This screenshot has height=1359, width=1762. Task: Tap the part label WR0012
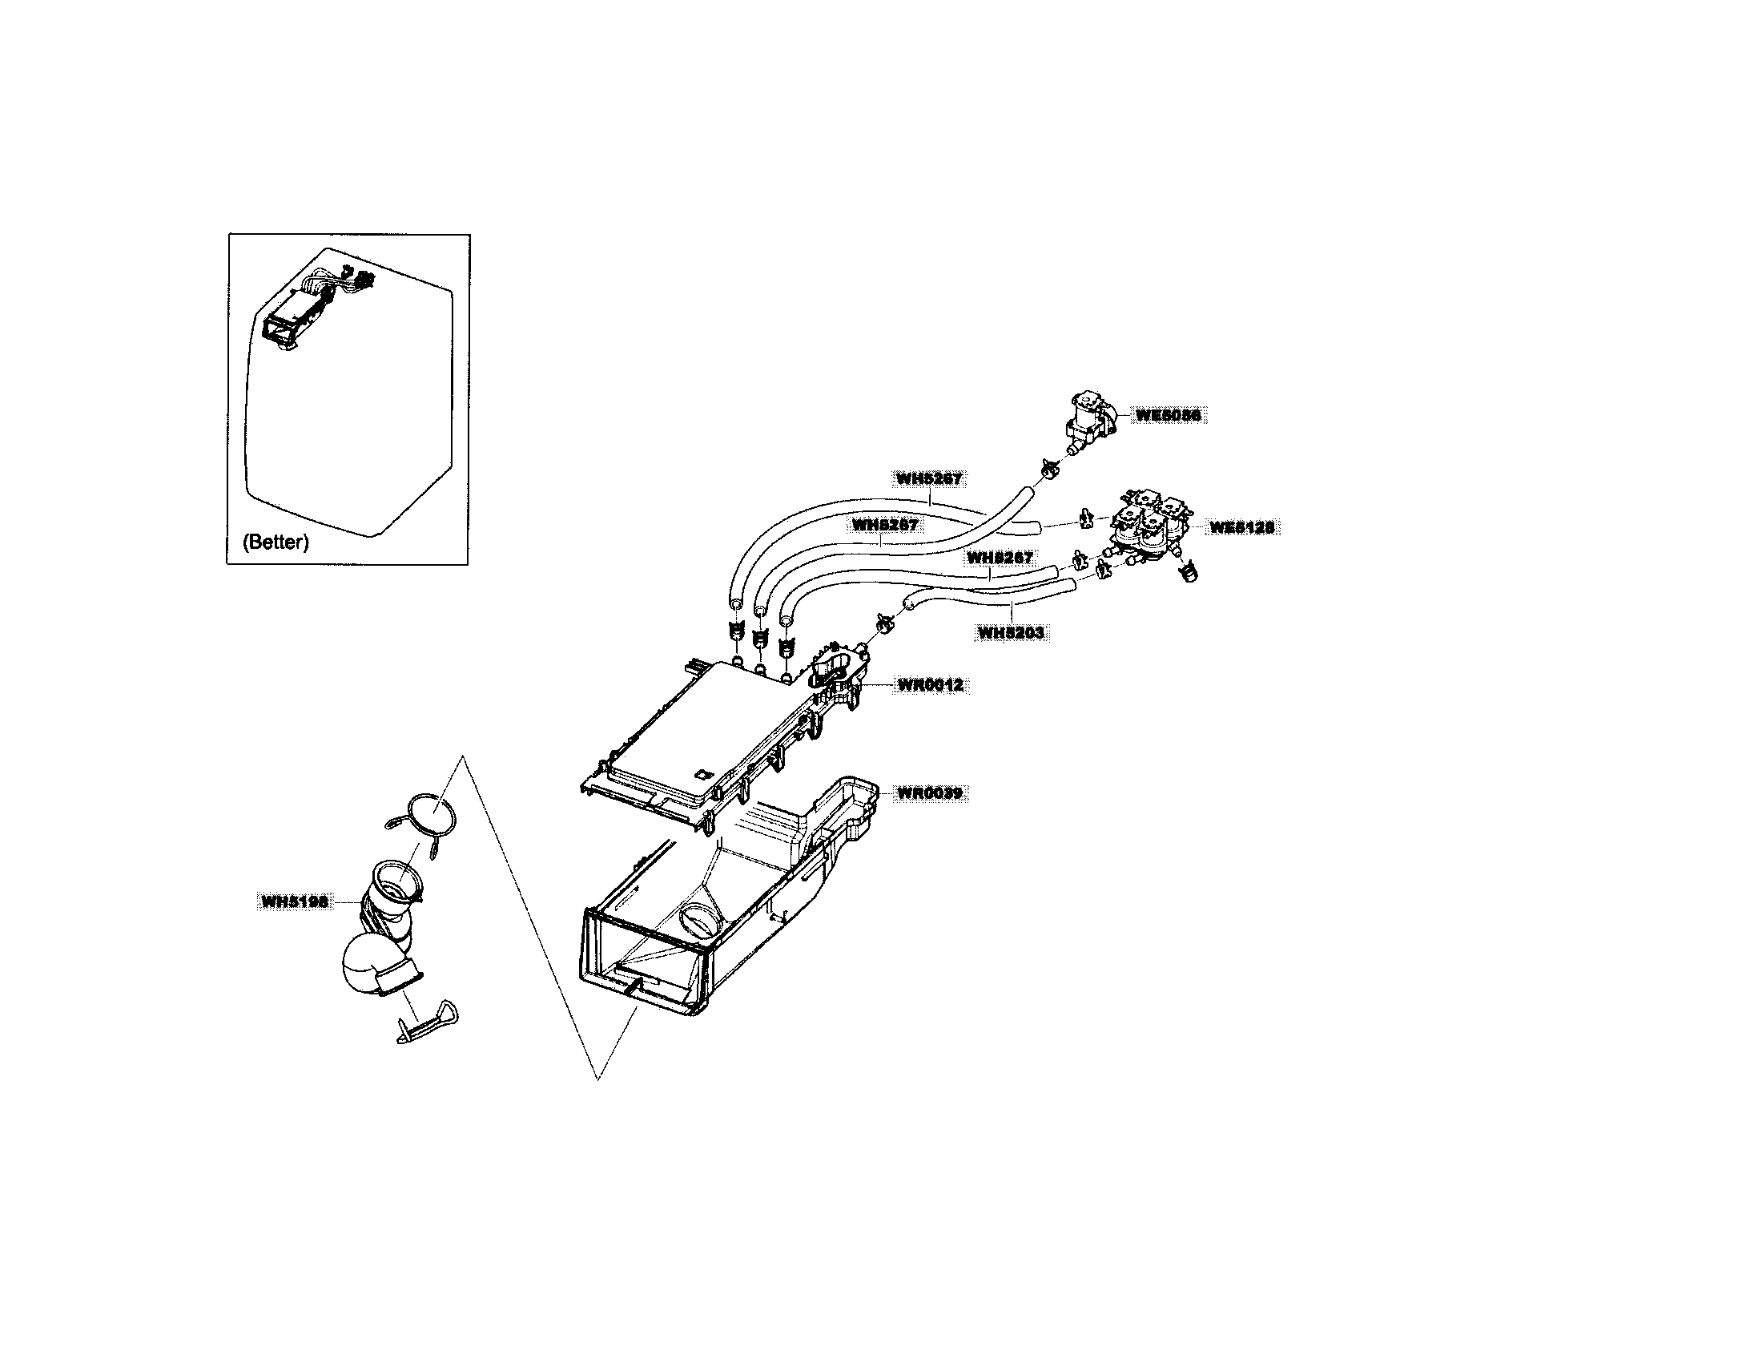930,685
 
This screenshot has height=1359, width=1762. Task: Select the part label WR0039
930,793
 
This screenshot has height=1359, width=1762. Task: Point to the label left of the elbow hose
295,901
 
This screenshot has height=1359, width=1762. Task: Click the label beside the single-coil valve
1168,415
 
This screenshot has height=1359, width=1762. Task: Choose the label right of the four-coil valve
1241,527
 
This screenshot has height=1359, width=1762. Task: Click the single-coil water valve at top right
1091,420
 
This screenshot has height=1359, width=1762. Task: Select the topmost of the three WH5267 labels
928,478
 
